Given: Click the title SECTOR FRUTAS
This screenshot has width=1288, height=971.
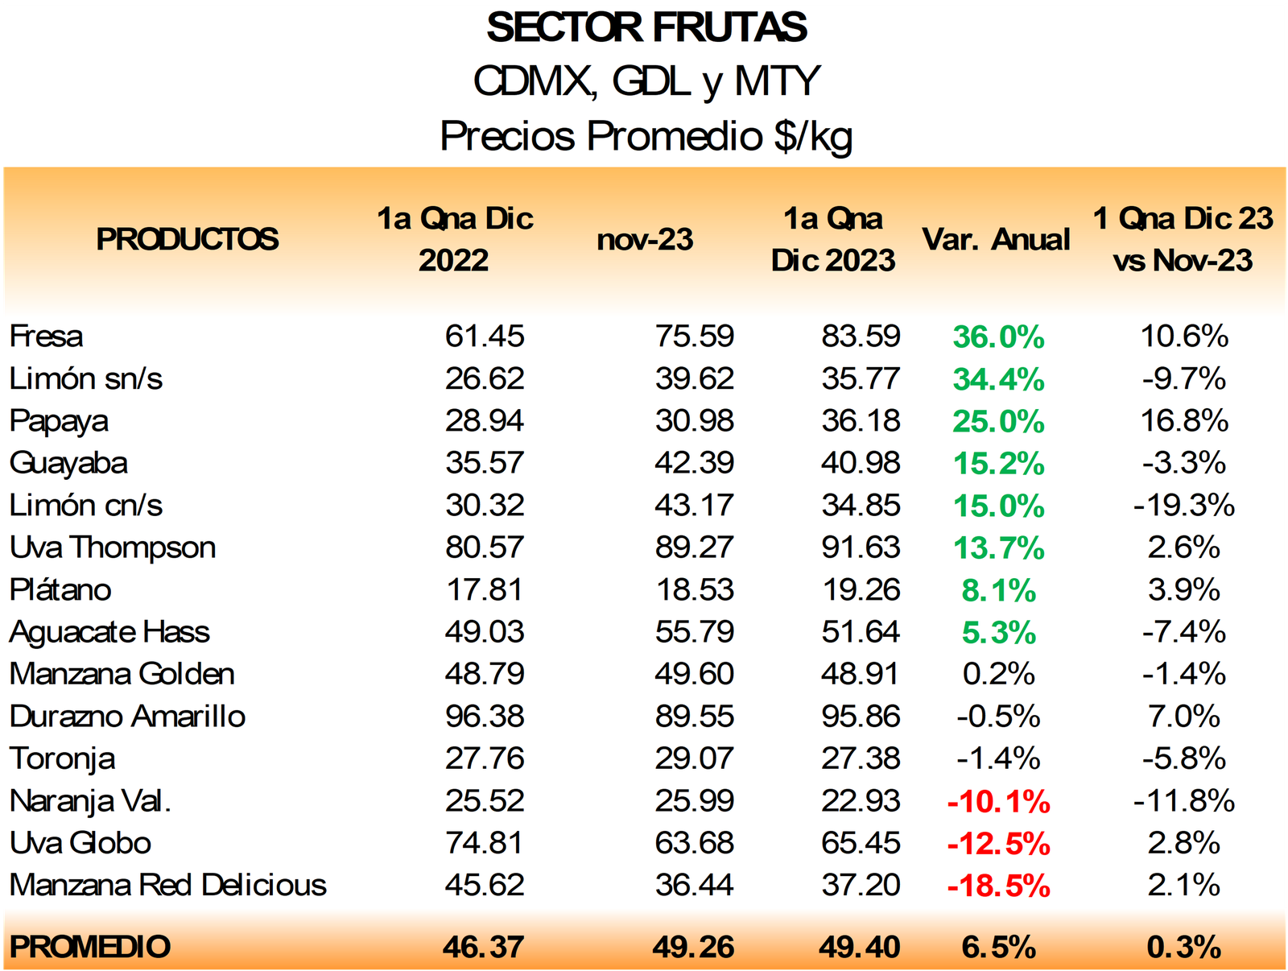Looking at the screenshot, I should [x=646, y=28].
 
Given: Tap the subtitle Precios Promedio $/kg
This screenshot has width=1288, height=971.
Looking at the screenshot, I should [x=646, y=135].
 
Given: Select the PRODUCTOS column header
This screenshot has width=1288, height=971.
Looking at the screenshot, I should [x=187, y=239].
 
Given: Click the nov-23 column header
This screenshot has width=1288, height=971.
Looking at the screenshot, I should [x=645, y=239].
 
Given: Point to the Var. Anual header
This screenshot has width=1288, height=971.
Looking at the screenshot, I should [x=996, y=239].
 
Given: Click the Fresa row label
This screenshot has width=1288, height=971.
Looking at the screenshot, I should [x=46, y=337].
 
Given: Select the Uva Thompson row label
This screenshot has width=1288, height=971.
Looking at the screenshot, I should [x=113, y=547].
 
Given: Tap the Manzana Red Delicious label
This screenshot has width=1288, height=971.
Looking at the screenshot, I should [x=167, y=885].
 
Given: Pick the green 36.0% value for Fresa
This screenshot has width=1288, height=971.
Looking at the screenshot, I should [x=998, y=337].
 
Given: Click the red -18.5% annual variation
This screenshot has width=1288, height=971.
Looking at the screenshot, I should [x=998, y=886].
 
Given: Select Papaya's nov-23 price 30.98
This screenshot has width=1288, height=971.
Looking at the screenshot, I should [x=694, y=421].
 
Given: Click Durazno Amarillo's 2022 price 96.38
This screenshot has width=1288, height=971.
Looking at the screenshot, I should [x=485, y=717].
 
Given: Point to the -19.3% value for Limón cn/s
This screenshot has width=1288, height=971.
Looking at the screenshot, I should [x=1183, y=506].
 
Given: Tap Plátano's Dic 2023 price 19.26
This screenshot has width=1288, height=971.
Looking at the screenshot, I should [x=861, y=590].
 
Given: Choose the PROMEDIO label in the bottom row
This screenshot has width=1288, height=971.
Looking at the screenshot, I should [x=90, y=947].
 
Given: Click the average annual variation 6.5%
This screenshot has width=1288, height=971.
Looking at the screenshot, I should [x=998, y=947].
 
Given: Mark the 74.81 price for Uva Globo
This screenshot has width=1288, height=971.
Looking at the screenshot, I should [x=485, y=843].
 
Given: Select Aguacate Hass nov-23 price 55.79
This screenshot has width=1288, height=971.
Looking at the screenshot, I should [x=694, y=632].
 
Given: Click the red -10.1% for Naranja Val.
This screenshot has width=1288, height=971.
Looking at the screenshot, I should [x=998, y=801].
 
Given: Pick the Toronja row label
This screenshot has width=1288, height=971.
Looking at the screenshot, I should [x=62, y=758].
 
